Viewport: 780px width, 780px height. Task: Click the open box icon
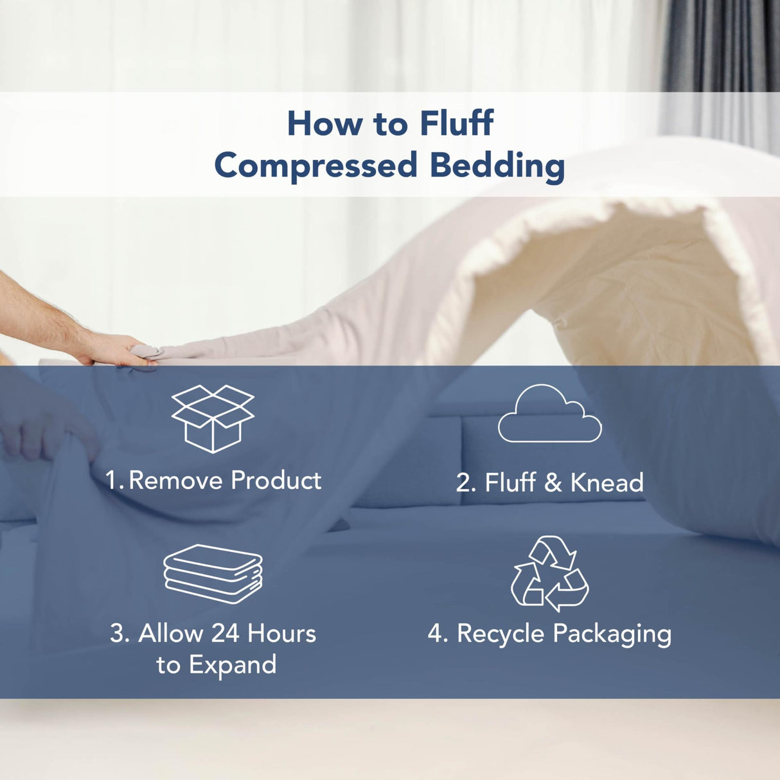213,418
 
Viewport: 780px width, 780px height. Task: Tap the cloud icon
549,414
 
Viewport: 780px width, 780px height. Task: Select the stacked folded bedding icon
213,574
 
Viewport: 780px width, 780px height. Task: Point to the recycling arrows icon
550,574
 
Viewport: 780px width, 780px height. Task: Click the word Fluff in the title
456,123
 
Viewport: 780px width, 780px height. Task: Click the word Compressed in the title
316,166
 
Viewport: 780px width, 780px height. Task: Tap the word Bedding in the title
497,166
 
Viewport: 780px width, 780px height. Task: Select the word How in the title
324,123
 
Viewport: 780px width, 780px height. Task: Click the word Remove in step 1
175,481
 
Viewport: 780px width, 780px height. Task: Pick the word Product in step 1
276,481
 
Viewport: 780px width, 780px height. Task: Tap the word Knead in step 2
607,483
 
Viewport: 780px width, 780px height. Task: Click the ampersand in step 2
553,483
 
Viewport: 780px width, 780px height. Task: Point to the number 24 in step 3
225,634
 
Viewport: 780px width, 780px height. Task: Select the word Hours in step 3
282,634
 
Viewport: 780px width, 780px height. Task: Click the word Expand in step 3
233,665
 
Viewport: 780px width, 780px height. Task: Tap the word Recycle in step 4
501,634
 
